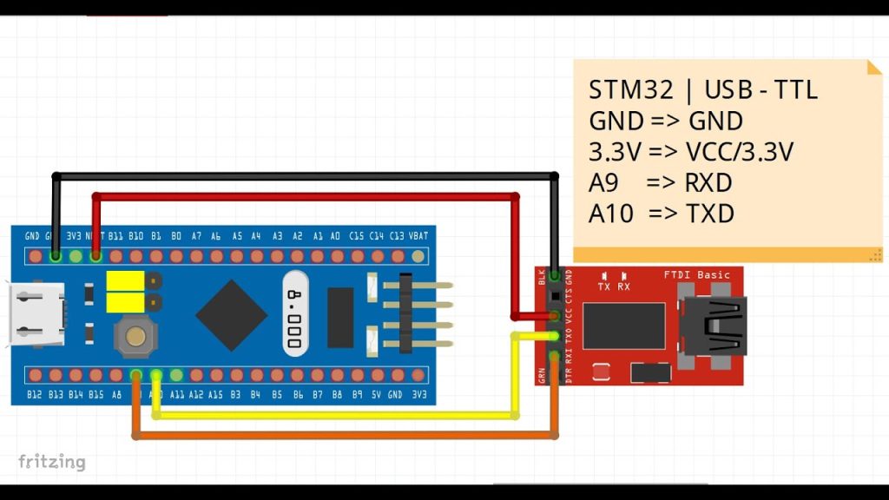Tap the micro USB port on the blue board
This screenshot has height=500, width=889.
30,315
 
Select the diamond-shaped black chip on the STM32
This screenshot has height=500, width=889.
231,314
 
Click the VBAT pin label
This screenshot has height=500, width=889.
418,236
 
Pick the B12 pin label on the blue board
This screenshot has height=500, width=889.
35,395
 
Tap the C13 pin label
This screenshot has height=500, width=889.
398,236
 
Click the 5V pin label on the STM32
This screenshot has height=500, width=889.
377,395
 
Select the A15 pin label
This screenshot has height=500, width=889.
214,395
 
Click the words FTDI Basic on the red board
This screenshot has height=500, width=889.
697,275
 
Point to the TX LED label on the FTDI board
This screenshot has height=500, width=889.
604,286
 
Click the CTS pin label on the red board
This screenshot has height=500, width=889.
569,297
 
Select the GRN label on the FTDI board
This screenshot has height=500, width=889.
543,375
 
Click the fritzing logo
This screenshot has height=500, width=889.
52,461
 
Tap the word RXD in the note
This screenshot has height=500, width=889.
708,184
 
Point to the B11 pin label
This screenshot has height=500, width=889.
115,236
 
